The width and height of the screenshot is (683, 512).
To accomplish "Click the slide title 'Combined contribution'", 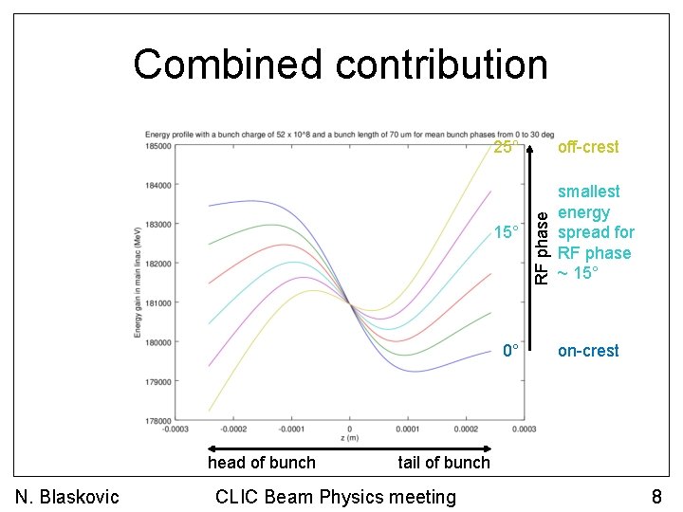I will (341, 65).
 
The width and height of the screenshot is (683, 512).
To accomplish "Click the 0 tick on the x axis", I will (350, 430).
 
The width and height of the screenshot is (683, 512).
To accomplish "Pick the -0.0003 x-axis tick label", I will (175, 430).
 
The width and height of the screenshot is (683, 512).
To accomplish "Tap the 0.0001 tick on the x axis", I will (408, 430).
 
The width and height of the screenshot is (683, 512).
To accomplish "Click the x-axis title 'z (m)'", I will (350, 439).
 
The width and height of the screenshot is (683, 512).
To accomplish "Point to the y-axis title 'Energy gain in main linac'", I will (138, 283).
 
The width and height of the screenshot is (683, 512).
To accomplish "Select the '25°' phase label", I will (507, 147).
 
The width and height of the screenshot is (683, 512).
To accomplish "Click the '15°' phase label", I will (507, 232).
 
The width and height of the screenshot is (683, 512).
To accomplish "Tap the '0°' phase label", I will (510, 351).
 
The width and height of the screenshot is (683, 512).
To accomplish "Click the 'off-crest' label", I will (587, 147).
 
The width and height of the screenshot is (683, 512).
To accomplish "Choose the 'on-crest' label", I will (587, 351).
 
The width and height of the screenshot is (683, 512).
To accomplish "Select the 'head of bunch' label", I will (261, 463).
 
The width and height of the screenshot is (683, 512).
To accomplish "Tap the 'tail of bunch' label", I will (444, 463).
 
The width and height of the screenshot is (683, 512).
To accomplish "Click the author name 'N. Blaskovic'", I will (66, 497).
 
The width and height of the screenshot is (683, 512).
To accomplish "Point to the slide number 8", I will (656, 497).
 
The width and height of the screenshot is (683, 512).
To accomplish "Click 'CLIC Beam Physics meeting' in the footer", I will (336, 497).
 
